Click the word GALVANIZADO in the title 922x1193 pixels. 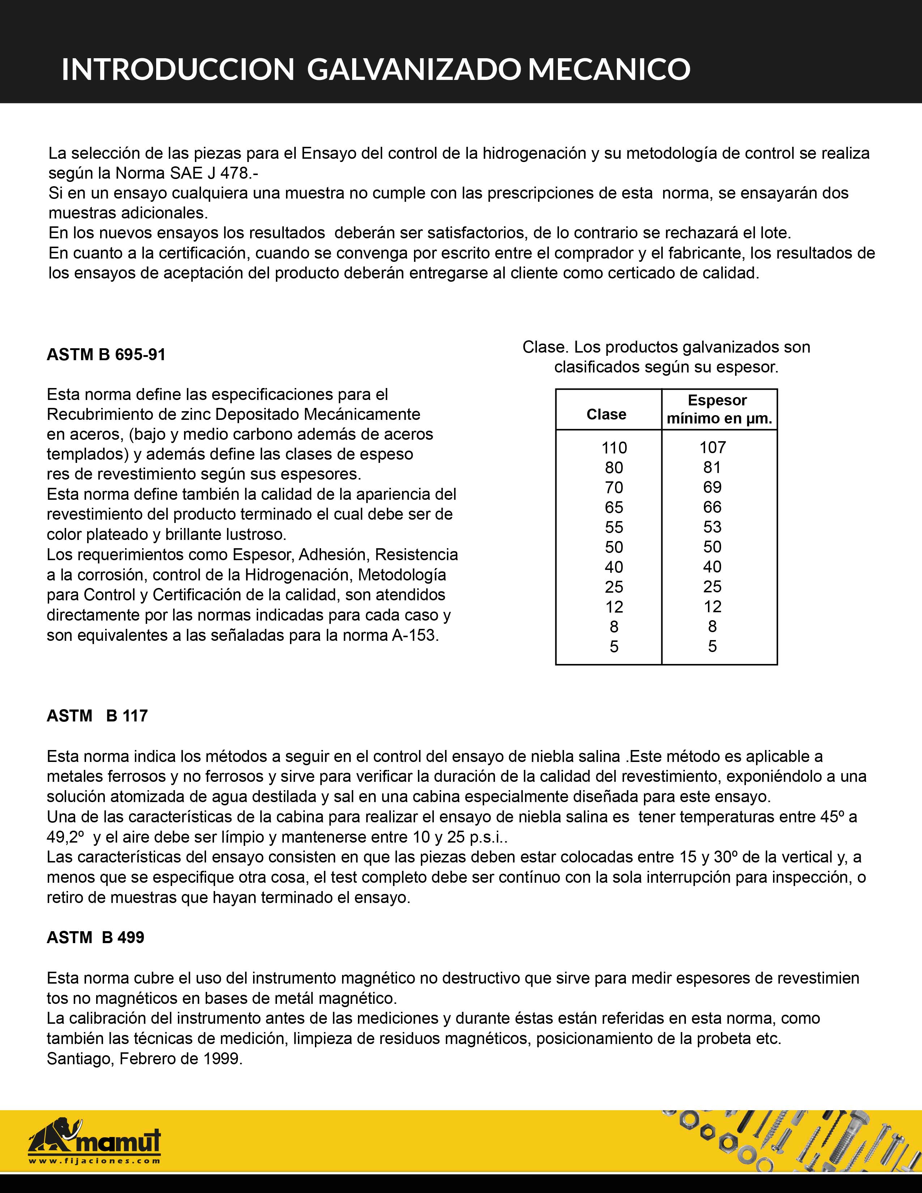click(413, 69)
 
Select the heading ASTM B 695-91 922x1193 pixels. click(106, 355)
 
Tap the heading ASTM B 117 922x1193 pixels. click(97, 716)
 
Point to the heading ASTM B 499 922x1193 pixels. click(95, 937)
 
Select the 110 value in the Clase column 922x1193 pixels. click(614, 448)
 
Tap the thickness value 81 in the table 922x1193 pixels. click(712, 468)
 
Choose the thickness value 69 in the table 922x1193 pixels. click(712, 487)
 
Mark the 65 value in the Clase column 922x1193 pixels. click(614, 507)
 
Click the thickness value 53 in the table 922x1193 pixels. click(712, 527)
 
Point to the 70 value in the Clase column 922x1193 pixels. click(614, 487)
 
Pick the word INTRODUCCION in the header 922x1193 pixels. click(178, 69)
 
